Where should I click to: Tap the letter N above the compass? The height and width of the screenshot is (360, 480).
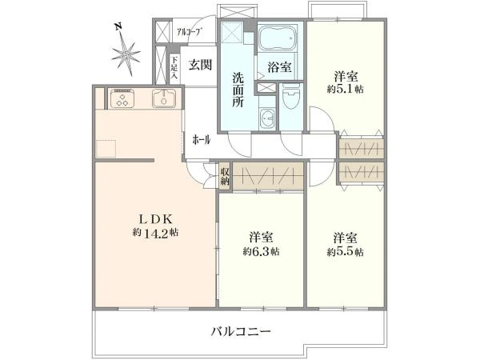[118, 26]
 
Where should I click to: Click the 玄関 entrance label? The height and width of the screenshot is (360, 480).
[200, 66]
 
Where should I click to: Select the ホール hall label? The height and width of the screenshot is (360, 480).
[201, 140]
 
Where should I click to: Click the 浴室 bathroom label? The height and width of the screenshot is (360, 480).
[278, 66]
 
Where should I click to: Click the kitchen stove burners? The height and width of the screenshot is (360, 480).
[123, 100]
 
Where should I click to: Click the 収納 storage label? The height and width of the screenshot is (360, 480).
[226, 176]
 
